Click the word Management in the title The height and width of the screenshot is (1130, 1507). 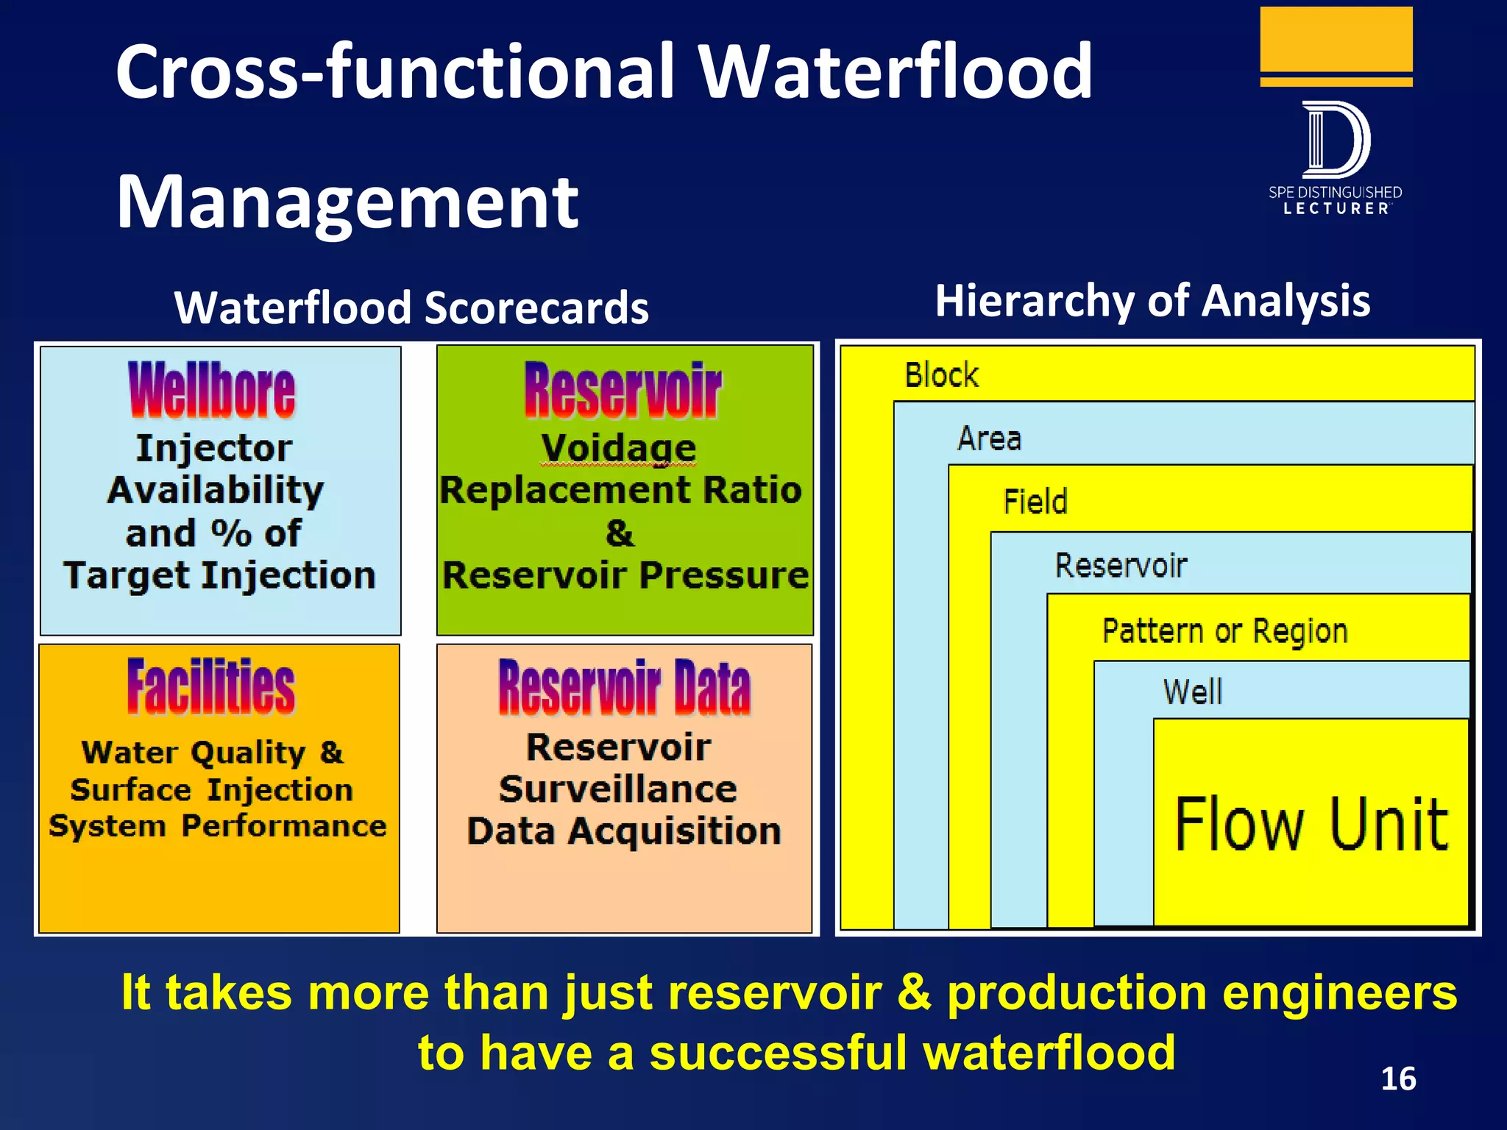pos(347,202)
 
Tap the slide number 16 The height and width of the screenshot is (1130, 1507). pos(1398,1079)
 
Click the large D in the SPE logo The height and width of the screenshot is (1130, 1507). pos(1335,140)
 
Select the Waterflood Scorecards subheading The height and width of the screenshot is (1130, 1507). pos(411,308)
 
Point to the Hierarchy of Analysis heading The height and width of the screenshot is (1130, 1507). pos(1152,301)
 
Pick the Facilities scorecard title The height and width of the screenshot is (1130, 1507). pos(211,687)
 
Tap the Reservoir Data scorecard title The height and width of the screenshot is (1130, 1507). pos(624,689)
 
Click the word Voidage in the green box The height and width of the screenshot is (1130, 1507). pos(618,447)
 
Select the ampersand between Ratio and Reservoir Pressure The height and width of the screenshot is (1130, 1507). pos(620,533)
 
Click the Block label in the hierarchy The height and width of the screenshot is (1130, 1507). pos(941,375)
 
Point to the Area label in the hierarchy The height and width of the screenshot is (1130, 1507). pos(989,439)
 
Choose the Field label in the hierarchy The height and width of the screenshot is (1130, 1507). pos(1035,502)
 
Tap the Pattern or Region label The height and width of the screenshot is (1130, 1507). pos(1224,631)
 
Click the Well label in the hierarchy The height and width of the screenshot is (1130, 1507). pos(1192,692)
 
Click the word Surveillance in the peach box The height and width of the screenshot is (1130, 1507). pos(618,789)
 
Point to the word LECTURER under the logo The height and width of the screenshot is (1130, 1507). pos(1336,209)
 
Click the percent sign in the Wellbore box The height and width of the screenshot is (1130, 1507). pos(231,533)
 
